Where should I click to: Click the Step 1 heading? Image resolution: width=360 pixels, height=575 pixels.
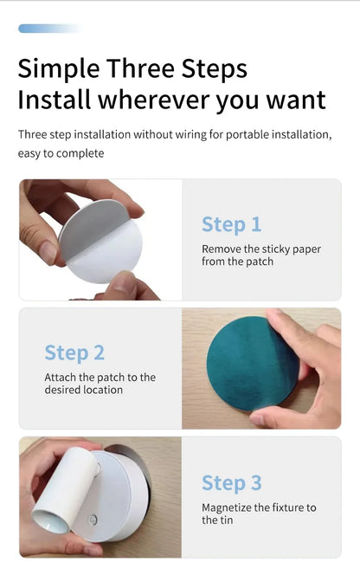coord(231,224)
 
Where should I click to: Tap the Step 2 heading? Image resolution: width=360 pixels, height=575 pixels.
coord(74,352)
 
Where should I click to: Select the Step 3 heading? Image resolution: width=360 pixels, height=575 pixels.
coord(232,482)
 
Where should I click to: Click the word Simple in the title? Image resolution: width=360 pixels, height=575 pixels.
coord(59,69)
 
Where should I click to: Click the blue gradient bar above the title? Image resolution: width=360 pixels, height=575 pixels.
coord(49,29)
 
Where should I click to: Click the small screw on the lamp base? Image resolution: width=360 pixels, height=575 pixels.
coord(93,520)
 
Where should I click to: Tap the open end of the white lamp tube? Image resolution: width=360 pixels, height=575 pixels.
coord(50,520)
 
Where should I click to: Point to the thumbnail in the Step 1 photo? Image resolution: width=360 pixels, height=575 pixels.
coord(48,251)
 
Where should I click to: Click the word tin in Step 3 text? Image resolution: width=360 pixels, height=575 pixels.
coord(226,520)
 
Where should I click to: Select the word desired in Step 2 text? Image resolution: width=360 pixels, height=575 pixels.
coord(62,390)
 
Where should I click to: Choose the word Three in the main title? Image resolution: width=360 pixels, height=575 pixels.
coord(140,69)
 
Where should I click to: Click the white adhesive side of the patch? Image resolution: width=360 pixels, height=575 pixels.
coord(106,256)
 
